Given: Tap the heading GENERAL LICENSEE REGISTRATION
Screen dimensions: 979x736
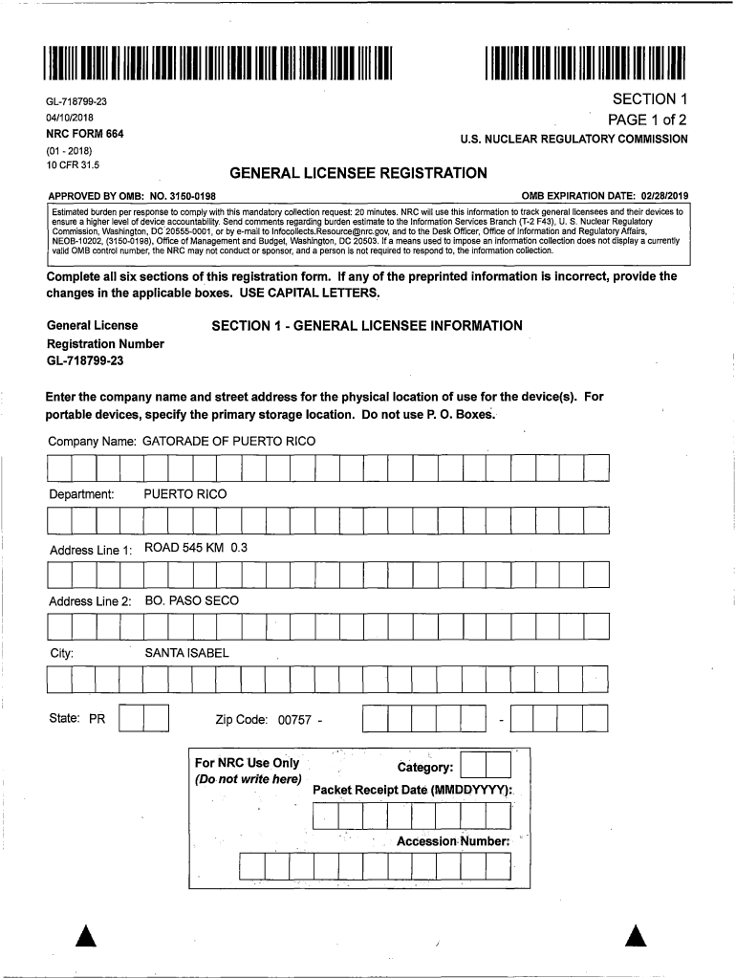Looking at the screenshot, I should [359, 173].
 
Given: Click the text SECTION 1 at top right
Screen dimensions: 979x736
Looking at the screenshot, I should [650, 99].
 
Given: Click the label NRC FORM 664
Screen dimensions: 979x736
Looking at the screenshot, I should [84, 134].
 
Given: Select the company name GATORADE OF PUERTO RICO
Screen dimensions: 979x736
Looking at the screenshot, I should [228, 442].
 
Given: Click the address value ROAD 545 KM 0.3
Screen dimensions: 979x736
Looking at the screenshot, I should [196, 548].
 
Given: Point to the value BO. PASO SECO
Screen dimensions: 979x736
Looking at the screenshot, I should [191, 600].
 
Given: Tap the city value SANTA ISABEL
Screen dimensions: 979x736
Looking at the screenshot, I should [186, 654].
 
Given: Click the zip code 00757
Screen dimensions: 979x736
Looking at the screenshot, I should [294, 720].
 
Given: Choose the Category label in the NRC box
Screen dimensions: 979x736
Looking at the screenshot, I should [424, 767].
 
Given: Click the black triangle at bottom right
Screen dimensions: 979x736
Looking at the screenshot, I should [638, 937].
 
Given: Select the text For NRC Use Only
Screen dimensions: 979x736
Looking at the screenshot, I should [247, 763].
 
